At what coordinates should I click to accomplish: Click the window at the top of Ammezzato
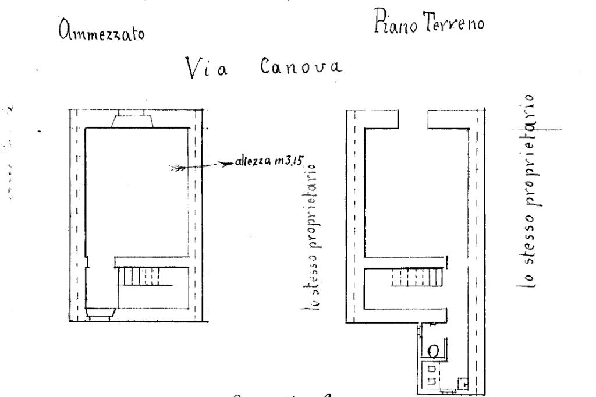(x=133, y=120)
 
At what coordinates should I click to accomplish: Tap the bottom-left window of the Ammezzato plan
(x=100, y=314)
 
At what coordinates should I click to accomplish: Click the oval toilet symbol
(x=434, y=351)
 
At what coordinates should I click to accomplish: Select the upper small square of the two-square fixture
(x=431, y=368)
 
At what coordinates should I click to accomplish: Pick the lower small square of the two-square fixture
(x=431, y=380)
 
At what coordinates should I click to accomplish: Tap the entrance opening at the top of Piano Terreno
(x=413, y=120)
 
